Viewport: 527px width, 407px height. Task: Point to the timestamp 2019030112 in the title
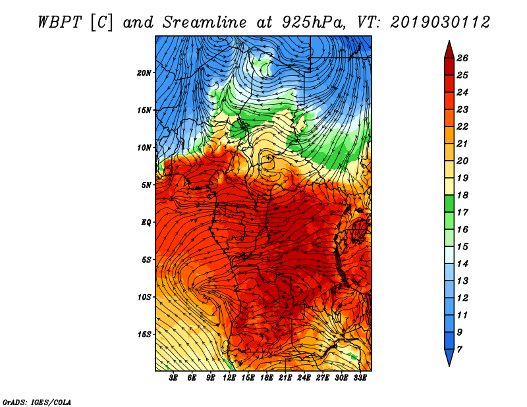(440, 22)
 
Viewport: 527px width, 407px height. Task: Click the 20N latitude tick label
(145, 72)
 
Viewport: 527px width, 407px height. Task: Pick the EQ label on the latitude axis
(146, 222)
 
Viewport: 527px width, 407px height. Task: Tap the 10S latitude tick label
(145, 297)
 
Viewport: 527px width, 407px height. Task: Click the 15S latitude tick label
(145, 335)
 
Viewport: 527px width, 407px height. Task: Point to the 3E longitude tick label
(174, 378)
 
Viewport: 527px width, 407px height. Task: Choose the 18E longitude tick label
(267, 378)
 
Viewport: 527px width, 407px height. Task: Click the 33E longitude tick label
(360, 378)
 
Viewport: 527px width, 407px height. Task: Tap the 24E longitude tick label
(304, 378)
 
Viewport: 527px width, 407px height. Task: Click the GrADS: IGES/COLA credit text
(36, 401)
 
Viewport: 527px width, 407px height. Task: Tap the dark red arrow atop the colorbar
(449, 48)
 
